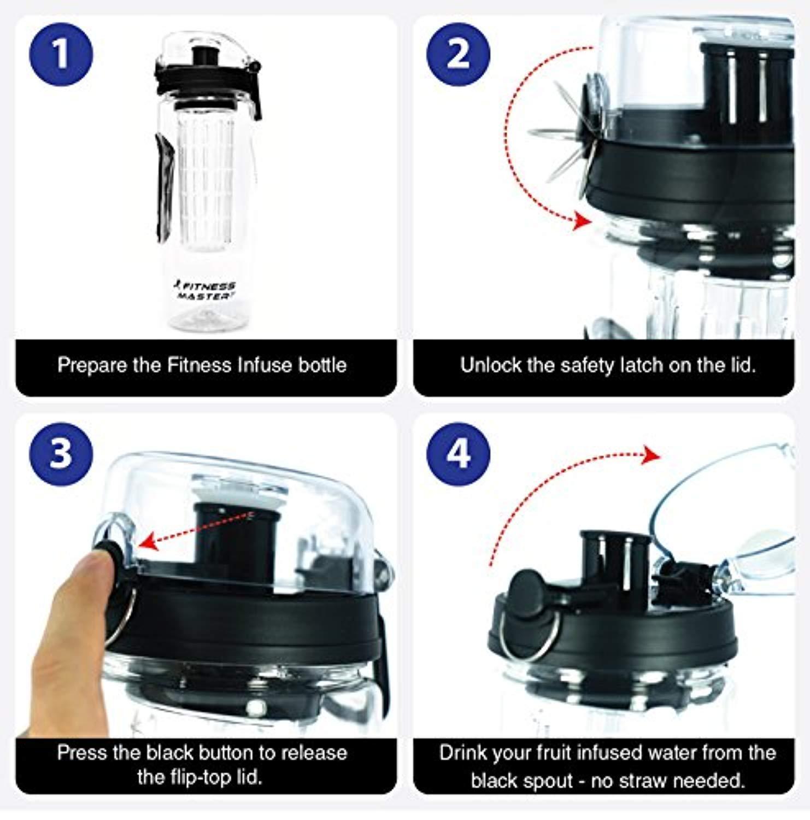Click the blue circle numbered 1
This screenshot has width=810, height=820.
(61, 55)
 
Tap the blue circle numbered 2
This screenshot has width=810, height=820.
(458, 55)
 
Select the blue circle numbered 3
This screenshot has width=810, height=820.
(61, 453)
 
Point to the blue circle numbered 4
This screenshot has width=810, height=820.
(458, 453)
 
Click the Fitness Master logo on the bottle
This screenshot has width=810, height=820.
(205, 290)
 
